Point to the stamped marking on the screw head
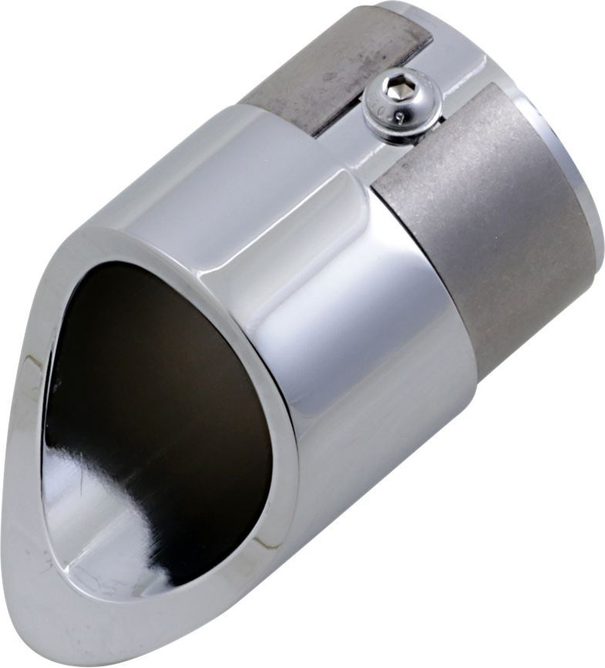click(x=399, y=116)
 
